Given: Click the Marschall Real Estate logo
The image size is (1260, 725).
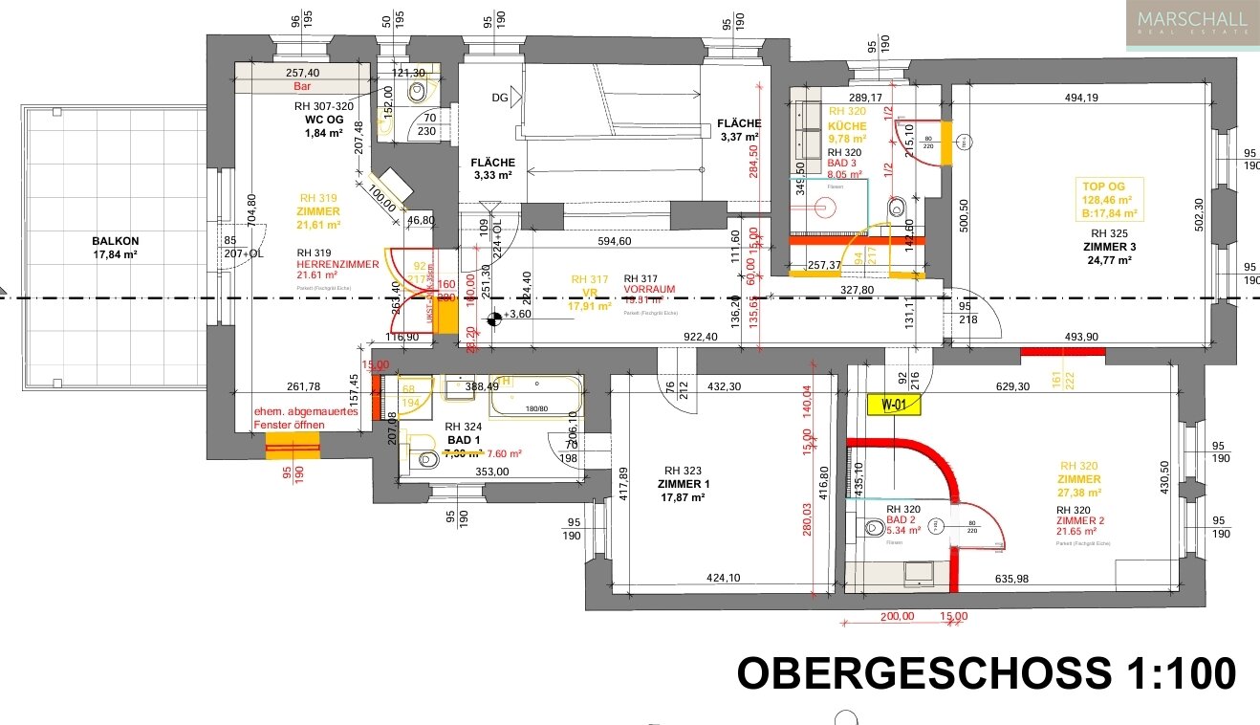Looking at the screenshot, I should point(1191,25).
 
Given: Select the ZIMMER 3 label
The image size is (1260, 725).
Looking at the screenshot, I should point(1117,246).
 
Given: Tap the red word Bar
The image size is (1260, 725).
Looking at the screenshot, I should point(303,86).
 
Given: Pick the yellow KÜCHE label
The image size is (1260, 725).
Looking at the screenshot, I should point(847,126).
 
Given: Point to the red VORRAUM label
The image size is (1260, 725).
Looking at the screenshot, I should point(650,289).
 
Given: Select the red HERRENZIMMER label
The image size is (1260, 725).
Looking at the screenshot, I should point(337,265).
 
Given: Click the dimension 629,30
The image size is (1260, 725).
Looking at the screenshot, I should point(1012,386).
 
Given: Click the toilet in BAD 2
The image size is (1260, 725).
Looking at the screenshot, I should point(872,527).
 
